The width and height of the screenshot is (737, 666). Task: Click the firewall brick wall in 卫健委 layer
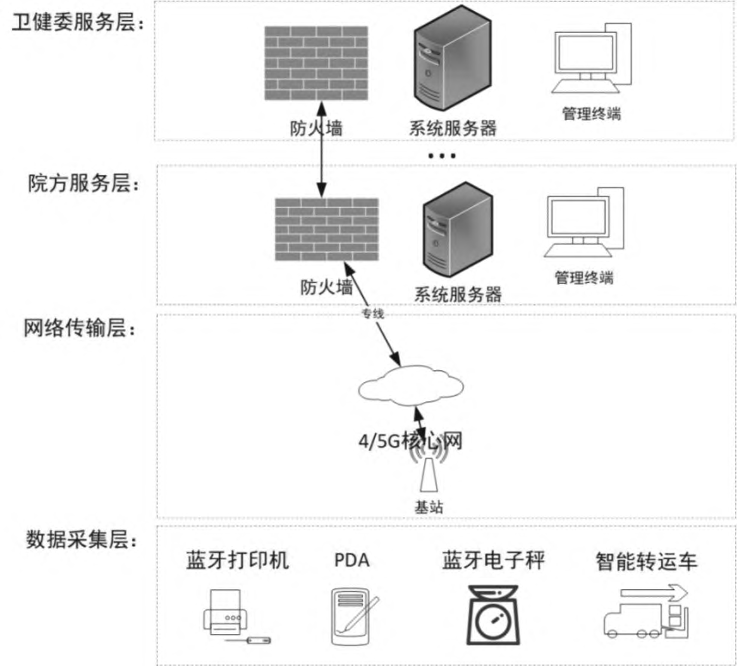[x=316, y=63]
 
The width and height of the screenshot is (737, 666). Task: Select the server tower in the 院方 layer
[x=458, y=230]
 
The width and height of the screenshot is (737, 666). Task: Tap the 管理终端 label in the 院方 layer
[x=584, y=278]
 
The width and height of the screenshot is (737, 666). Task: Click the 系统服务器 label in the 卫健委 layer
[x=453, y=128]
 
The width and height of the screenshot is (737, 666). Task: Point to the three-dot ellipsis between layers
[x=442, y=156]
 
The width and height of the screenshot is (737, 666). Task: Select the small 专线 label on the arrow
[x=373, y=314]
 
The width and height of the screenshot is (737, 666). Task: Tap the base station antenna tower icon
[x=429, y=473]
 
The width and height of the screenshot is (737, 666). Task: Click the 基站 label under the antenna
[x=429, y=507]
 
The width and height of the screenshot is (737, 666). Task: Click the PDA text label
[x=352, y=560]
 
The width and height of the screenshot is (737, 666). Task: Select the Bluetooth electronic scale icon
[x=493, y=615]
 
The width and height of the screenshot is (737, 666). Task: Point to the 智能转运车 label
[x=646, y=562]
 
